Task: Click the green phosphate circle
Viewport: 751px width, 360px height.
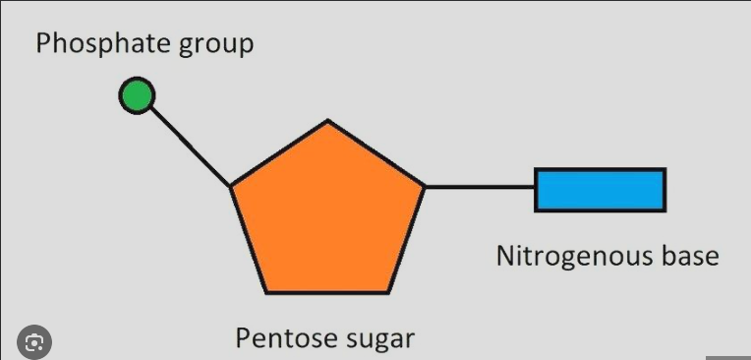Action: (137, 95)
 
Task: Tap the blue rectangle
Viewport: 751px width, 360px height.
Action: (600, 190)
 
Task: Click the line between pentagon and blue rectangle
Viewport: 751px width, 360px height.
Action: (480, 186)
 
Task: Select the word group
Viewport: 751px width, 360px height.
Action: (214, 46)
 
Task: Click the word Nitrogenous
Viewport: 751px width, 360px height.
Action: (571, 258)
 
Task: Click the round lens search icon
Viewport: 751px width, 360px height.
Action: (35, 341)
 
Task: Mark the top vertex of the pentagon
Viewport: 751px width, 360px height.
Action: (328, 122)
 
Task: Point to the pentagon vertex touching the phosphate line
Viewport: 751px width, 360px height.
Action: (232, 186)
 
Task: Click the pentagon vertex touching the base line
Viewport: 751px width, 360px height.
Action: (424, 186)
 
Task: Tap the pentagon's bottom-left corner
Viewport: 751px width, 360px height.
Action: (267, 292)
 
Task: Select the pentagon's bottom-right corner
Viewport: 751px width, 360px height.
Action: (390, 292)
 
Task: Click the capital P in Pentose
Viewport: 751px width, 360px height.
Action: (243, 338)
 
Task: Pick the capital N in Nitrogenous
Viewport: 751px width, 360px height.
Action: (505, 257)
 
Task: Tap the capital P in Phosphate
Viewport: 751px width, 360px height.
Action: (44, 44)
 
